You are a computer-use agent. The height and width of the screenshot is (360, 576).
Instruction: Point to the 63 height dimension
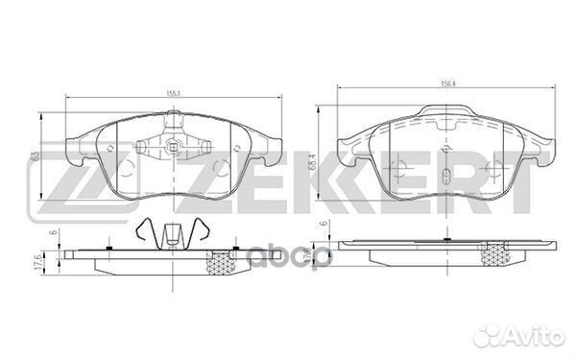coord(35,154)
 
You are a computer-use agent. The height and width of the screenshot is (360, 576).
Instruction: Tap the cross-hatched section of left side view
coord(223,260)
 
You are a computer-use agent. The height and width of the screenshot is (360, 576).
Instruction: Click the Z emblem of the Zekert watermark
coord(55,182)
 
